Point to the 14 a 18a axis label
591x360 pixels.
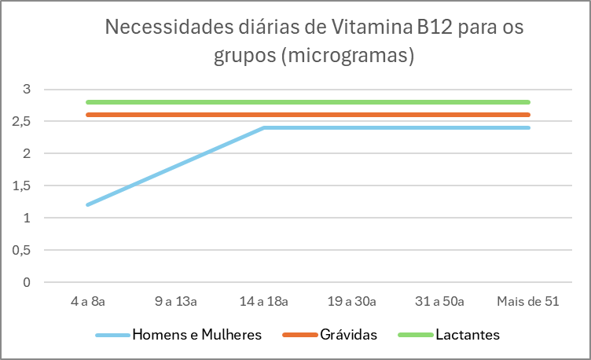click(263, 301)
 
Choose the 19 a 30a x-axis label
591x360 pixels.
click(352, 301)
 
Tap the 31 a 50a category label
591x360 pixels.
click(440, 301)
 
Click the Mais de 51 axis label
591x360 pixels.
click(529, 301)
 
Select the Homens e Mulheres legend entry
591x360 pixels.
click(196, 335)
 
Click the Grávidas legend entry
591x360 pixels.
click(348, 335)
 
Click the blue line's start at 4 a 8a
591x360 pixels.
click(87, 204)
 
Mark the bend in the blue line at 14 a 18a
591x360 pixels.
click(264, 127)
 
